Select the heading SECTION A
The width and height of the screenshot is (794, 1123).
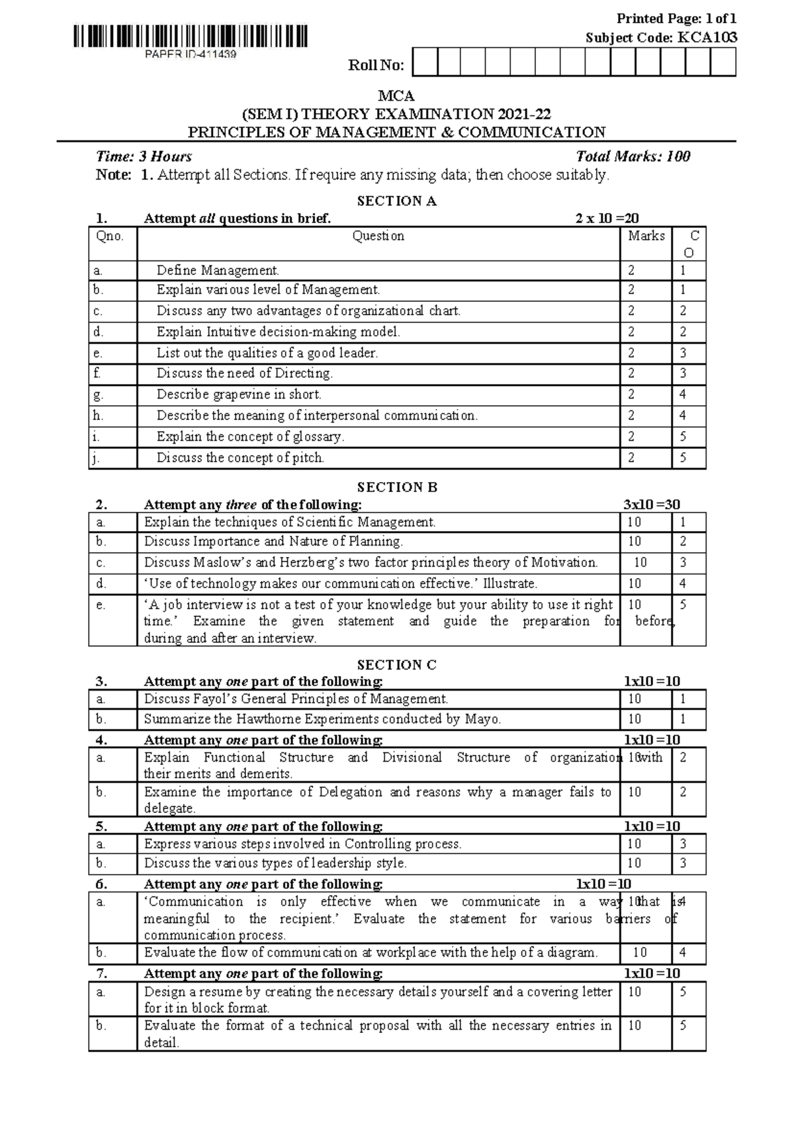click(x=396, y=201)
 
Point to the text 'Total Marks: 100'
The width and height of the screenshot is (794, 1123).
click(x=633, y=156)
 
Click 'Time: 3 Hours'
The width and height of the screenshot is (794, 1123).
click(x=144, y=156)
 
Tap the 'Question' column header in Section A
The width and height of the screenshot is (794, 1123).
click(x=378, y=236)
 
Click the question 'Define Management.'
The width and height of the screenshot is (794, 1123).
click(x=218, y=270)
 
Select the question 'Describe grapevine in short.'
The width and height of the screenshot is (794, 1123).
click(x=239, y=395)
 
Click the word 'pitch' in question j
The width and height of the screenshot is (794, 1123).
click(x=307, y=458)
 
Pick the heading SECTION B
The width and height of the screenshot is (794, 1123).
click(x=396, y=487)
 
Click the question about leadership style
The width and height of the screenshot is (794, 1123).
click(x=275, y=863)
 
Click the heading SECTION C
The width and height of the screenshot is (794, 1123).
click(x=396, y=665)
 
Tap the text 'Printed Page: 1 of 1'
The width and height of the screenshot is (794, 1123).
click(x=676, y=19)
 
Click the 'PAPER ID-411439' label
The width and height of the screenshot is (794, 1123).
click(x=191, y=54)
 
